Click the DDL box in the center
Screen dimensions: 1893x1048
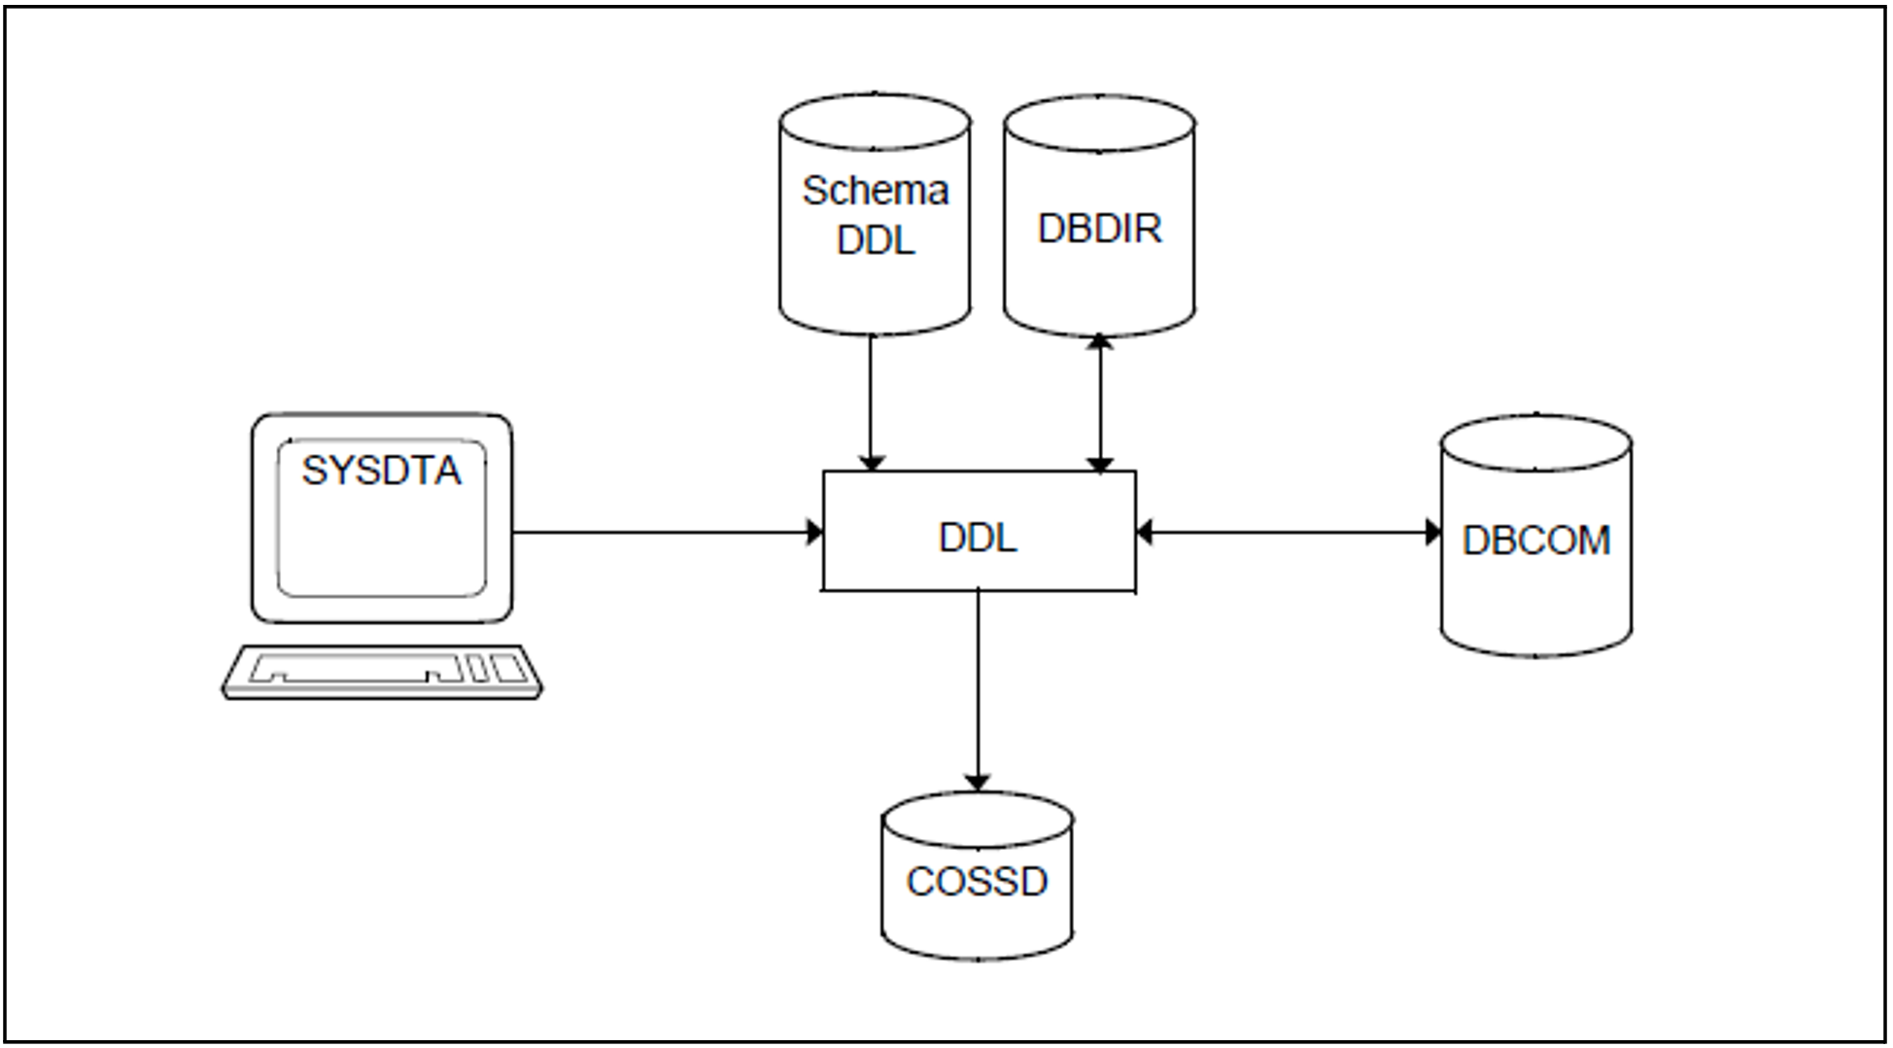coord(979,531)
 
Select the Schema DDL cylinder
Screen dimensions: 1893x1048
coord(875,214)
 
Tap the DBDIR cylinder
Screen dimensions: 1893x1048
coord(1099,216)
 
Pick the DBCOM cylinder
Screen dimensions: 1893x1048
coord(1535,536)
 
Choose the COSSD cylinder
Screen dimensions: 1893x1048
coord(978,876)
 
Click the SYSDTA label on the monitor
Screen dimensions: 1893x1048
coord(381,471)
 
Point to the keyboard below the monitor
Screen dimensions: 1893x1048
coord(382,672)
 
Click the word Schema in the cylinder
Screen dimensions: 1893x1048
coord(875,191)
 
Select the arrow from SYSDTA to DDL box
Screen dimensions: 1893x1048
coord(668,532)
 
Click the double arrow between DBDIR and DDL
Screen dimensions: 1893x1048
coord(1099,403)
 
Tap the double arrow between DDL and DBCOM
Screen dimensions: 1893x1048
coord(1289,532)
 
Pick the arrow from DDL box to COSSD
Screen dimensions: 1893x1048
coord(978,691)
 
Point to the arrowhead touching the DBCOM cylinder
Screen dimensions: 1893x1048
coord(1433,532)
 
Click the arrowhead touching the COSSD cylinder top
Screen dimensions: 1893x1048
coord(978,783)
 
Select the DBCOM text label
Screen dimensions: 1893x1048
coord(1536,541)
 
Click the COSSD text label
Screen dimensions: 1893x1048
coord(978,882)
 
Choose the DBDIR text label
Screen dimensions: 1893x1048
coord(1100,228)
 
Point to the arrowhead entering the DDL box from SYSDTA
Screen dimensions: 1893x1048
coord(815,532)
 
